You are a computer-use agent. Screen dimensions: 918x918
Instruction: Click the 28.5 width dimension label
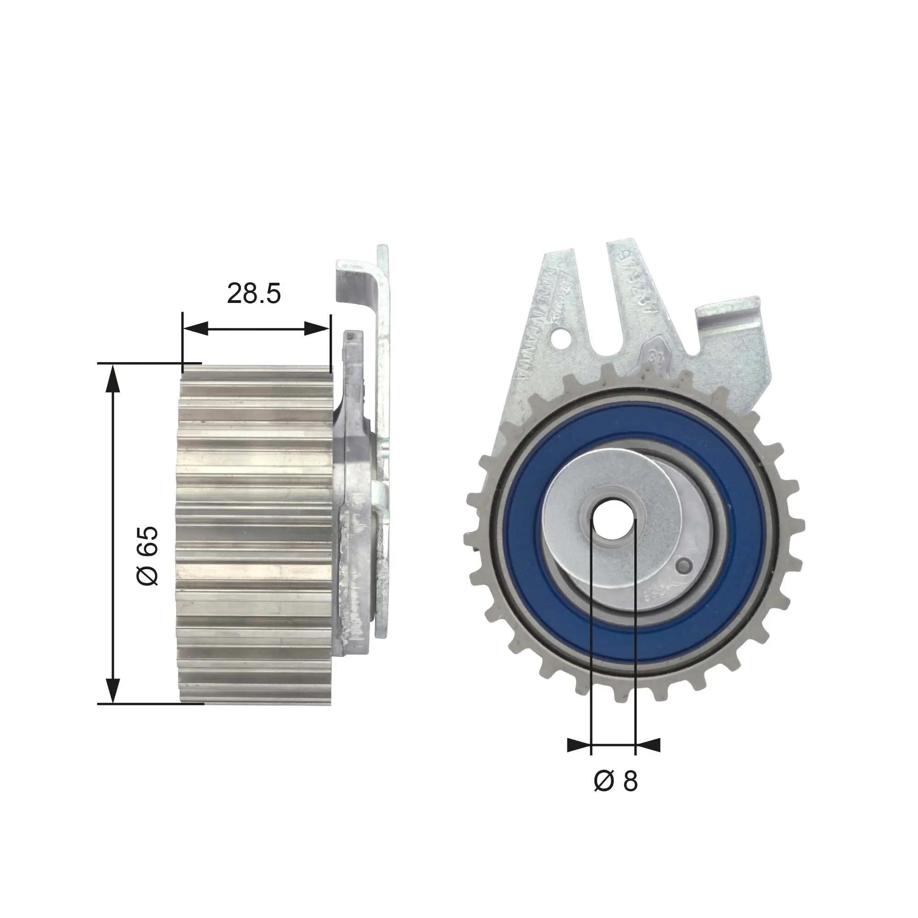(x=254, y=293)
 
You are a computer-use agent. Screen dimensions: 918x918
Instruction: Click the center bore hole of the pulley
(x=613, y=519)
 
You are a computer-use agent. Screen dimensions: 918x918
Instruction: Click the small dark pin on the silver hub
(x=685, y=565)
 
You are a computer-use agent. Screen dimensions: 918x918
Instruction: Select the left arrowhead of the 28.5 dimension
(x=195, y=328)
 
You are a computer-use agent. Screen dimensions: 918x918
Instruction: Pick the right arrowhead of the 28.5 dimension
(x=317, y=328)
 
